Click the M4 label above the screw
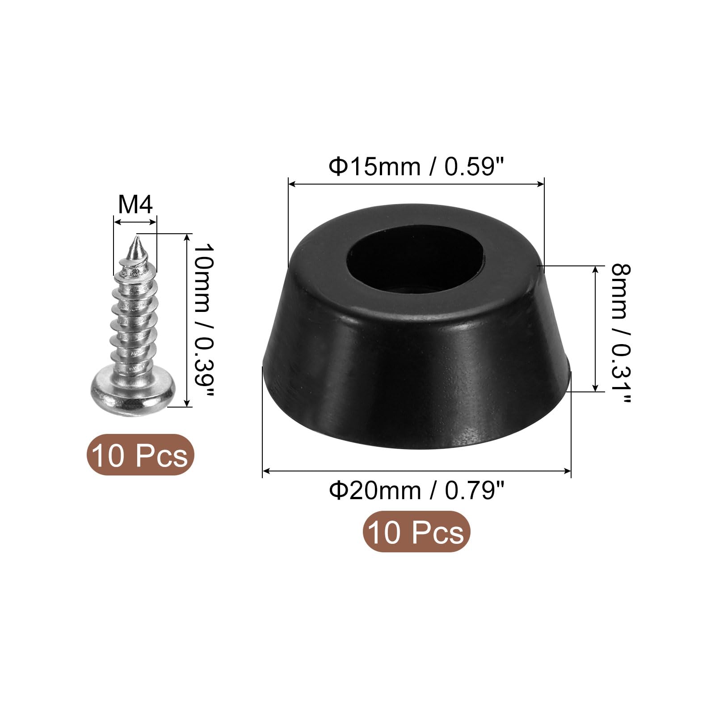click(135, 205)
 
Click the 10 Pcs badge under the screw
click(140, 454)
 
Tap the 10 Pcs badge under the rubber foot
click(416, 531)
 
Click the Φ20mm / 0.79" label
click(416, 491)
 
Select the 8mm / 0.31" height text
click(621, 333)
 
